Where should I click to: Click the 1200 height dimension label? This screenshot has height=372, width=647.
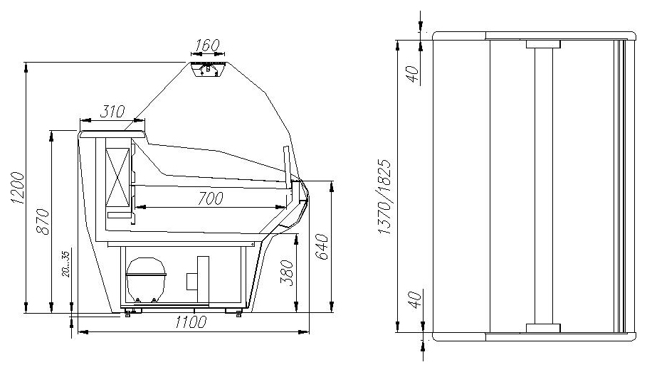pyautogui.click(x=19, y=188)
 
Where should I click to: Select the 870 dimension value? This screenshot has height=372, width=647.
pyautogui.click(x=43, y=221)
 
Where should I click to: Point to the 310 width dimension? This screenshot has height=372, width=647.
pyautogui.click(x=112, y=112)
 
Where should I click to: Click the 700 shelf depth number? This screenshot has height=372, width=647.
pyautogui.click(x=210, y=198)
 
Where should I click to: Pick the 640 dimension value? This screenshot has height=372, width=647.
pyautogui.click(x=322, y=247)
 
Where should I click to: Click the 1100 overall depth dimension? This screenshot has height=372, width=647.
pyautogui.click(x=190, y=321)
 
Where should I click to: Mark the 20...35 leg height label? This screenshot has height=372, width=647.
pyautogui.click(x=66, y=264)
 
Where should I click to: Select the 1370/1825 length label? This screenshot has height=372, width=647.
pyautogui.click(x=384, y=197)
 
